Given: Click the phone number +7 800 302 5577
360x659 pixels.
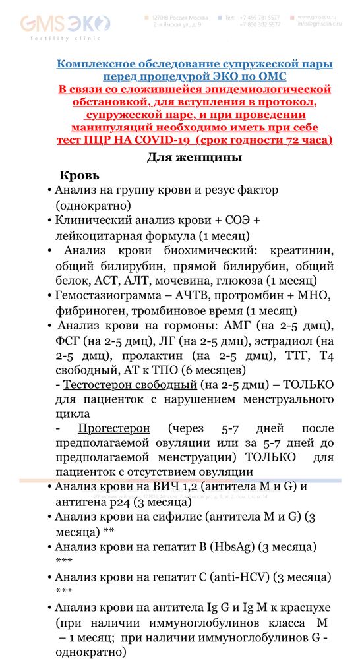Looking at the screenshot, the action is [x=261, y=24].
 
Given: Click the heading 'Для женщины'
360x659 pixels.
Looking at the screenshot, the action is [x=194, y=158].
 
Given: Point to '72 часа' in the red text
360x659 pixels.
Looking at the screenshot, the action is [x=305, y=140].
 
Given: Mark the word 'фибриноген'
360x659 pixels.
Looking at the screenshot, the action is [x=87, y=310].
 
